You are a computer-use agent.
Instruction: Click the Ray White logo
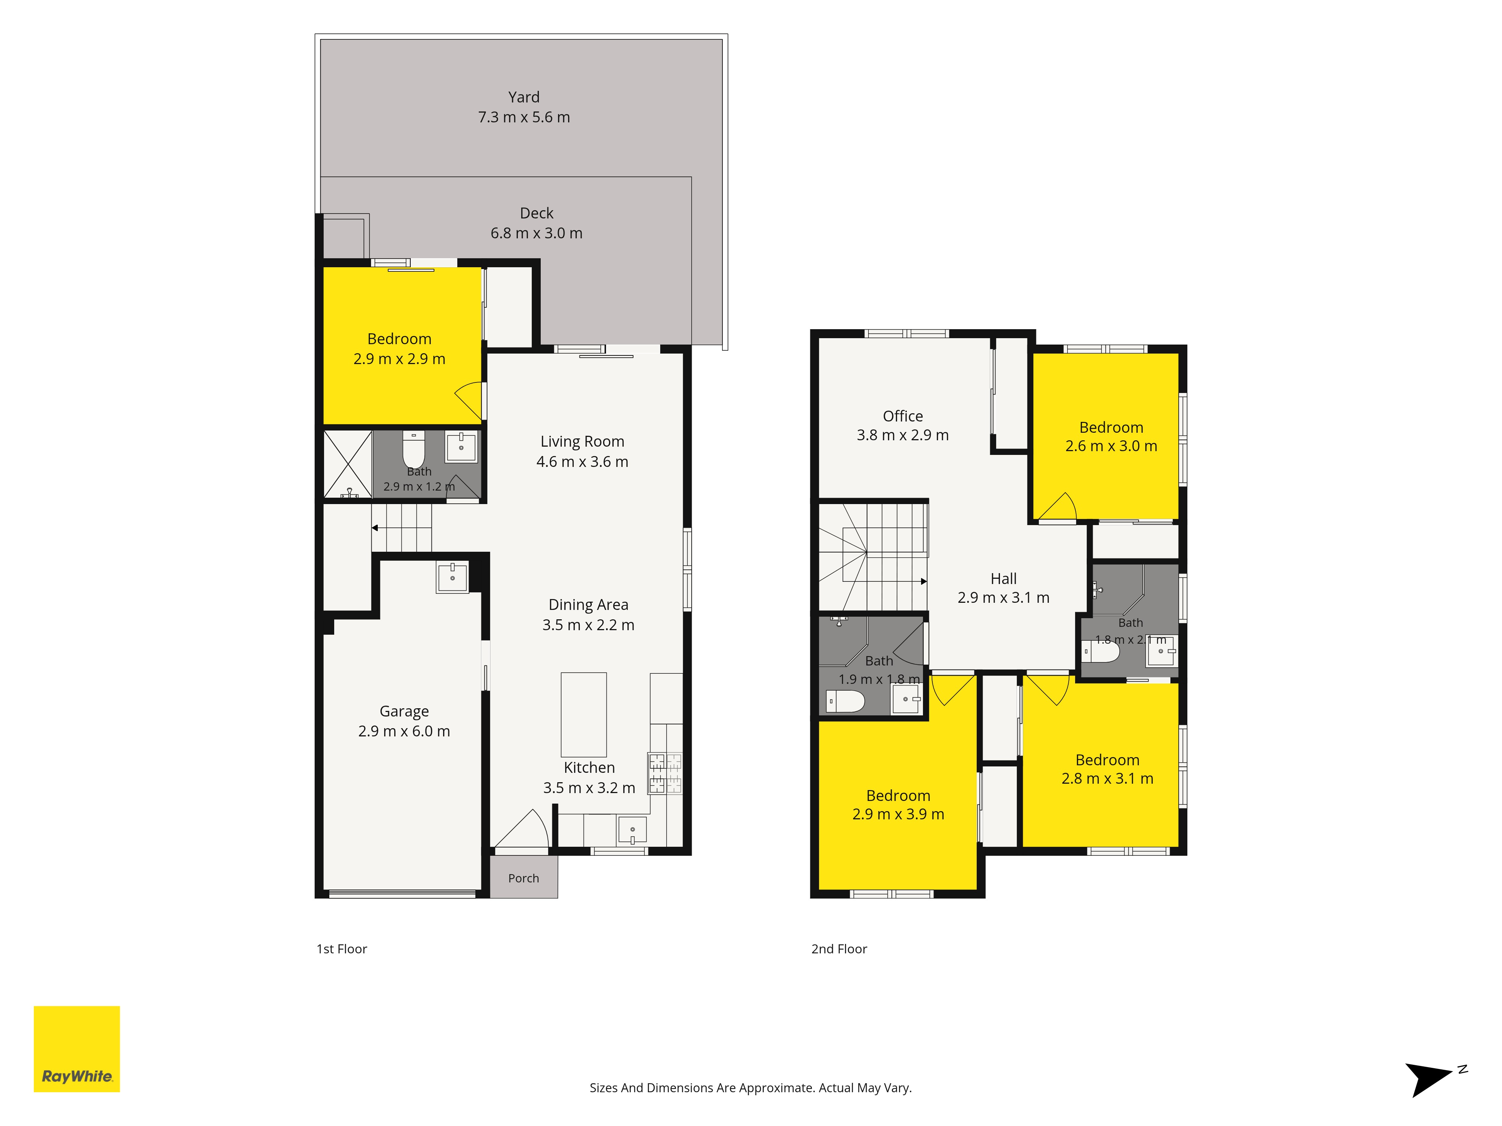77,1049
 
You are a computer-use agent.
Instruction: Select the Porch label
523,878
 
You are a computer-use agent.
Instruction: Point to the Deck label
537,213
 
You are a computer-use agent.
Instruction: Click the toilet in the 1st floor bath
413,448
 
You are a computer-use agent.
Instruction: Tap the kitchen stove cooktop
665,773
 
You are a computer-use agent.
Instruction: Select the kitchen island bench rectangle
583,715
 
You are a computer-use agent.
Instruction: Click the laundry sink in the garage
452,578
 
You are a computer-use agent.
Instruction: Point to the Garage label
404,711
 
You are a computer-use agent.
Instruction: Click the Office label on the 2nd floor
902,416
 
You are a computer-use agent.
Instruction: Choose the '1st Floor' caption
342,949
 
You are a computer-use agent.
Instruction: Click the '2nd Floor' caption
839,949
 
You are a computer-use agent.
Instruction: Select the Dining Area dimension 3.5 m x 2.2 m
588,625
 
